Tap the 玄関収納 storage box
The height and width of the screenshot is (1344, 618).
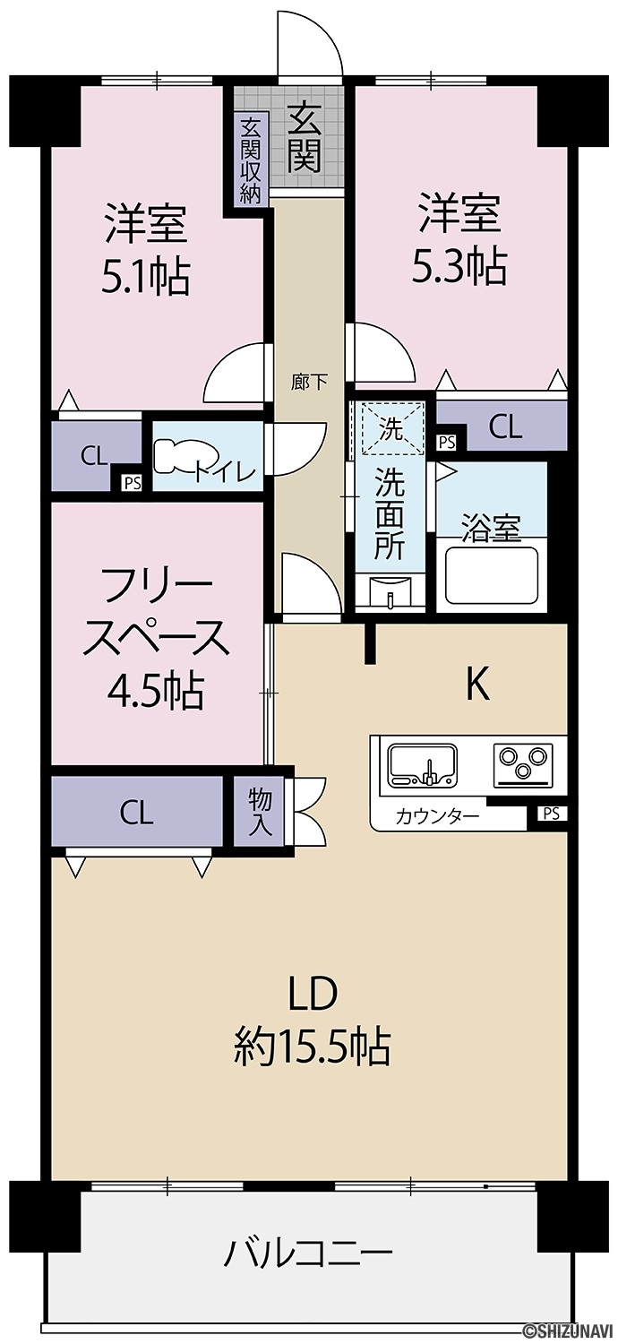click(x=250, y=160)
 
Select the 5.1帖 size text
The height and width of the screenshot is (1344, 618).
click(x=146, y=277)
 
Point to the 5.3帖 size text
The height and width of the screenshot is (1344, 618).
click(x=459, y=266)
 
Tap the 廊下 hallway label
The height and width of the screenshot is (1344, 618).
click(x=309, y=383)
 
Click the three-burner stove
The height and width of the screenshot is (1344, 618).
click(x=522, y=764)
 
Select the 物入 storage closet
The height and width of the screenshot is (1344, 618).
click(x=259, y=812)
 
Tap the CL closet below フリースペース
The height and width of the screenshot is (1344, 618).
click(x=137, y=812)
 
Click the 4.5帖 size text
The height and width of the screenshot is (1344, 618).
click(x=156, y=691)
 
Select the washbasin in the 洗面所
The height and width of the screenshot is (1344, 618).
click(x=390, y=595)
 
